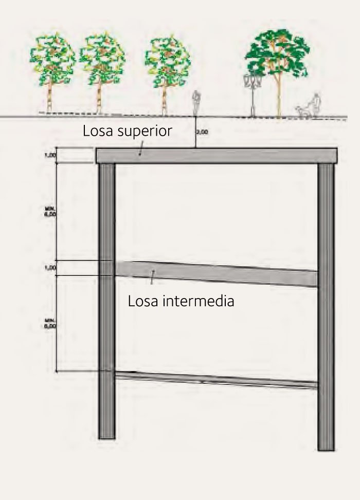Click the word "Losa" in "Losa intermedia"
pyautogui.click(x=142, y=301)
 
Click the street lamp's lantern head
pyautogui.click(x=252, y=81)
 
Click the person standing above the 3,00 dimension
pyautogui.click(x=195, y=104)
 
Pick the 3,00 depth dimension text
pyautogui.click(x=202, y=132)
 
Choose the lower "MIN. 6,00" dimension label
pyautogui.click(x=49, y=324)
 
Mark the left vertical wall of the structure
pyautogui.click(x=106, y=298)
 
